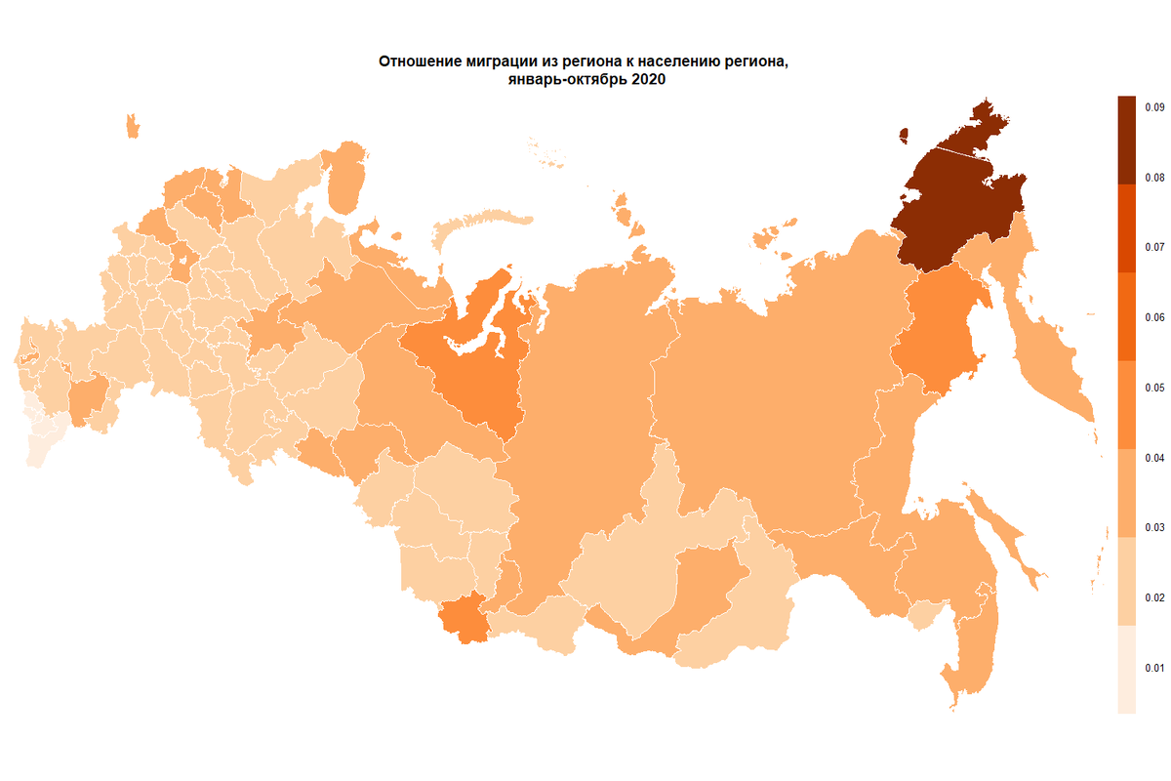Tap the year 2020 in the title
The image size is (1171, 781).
(648, 81)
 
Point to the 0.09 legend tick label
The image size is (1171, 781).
(1153, 106)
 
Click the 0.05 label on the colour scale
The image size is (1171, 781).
(1153, 388)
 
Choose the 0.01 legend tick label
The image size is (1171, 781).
(1153, 669)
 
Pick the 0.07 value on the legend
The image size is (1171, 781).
(1153, 247)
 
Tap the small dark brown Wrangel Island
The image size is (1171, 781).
(904, 134)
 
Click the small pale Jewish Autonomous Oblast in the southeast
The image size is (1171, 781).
(919, 615)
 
